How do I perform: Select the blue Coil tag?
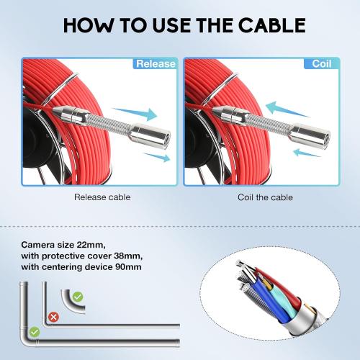[321, 63]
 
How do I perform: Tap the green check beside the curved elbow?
[78, 297]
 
